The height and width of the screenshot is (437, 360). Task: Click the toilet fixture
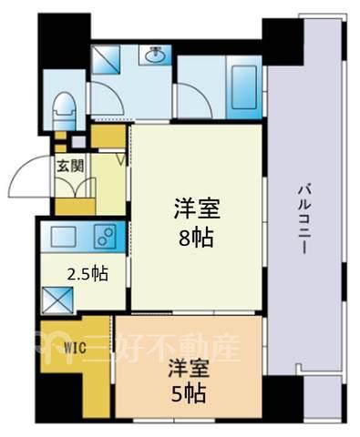(x=64, y=110)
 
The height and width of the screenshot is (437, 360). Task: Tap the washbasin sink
(x=155, y=55)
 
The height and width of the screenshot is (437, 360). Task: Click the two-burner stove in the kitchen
(x=106, y=236)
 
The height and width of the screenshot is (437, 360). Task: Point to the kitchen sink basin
(x=63, y=236)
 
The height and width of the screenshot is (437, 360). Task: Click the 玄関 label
(x=70, y=166)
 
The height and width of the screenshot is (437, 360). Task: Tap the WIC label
(x=75, y=348)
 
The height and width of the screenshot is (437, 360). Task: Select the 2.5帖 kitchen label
(x=87, y=274)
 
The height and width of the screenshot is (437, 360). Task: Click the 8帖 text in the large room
(x=196, y=238)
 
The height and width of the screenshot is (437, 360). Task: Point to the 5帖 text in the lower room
(x=189, y=393)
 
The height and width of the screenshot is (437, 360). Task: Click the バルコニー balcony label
(x=303, y=220)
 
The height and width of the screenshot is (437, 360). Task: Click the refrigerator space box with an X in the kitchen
(x=57, y=300)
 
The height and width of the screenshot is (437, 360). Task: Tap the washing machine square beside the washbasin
(x=106, y=59)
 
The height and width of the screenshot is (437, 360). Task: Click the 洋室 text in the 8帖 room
(x=197, y=208)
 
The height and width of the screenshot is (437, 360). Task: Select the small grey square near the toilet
(x=78, y=142)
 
